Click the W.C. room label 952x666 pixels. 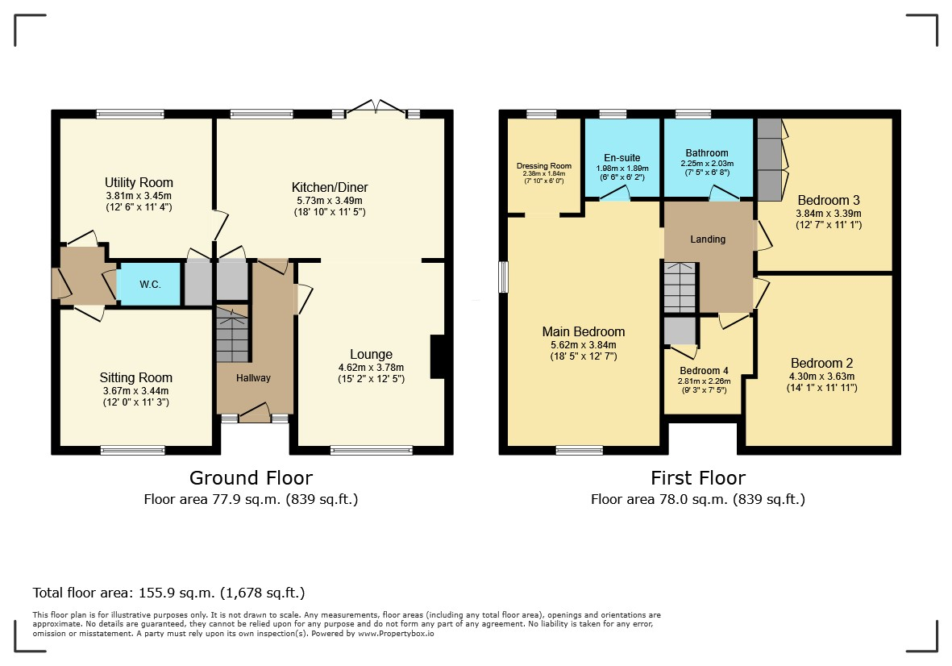[x=150, y=284]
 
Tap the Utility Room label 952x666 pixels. [x=139, y=183]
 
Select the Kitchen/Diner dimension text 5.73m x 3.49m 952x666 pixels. [x=330, y=200]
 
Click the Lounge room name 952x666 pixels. [x=371, y=355]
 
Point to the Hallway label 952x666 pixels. [x=253, y=377]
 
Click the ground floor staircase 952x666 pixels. [x=232, y=335]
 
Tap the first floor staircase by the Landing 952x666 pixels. [x=680, y=287]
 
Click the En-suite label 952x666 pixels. [x=622, y=158]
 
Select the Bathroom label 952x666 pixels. [x=707, y=153]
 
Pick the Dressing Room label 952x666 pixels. [x=544, y=166]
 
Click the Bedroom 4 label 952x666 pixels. [x=705, y=370]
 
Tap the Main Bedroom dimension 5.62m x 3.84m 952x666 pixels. [x=584, y=345]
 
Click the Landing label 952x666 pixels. [x=708, y=239]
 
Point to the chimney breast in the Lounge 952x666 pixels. [x=438, y=357]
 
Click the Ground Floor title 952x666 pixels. [x=251, y=478]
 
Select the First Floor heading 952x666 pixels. [x=698, y=478]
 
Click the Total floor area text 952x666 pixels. [x=168, y=593]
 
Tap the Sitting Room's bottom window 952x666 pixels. [x=133, y=450]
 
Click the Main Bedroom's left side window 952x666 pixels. [x=503, y=277]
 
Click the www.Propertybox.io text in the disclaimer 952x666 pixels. [x=396, y=633]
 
